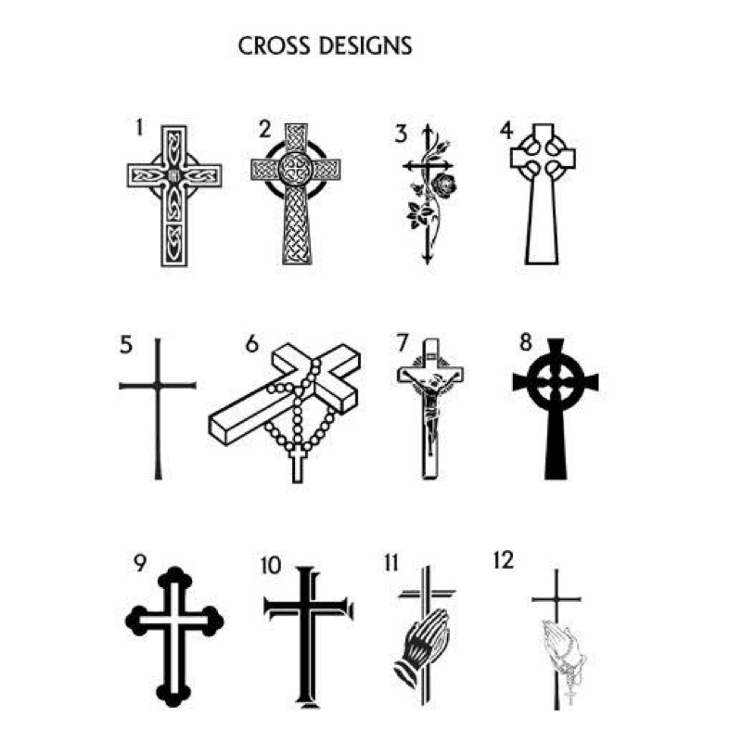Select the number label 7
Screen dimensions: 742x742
coord(402,342)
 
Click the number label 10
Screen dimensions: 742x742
coord(271,565)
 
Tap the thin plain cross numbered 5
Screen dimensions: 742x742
coord(158,408)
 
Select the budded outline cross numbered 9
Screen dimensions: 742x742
coord(174,640)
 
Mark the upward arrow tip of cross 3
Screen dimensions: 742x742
coord(428,128)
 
